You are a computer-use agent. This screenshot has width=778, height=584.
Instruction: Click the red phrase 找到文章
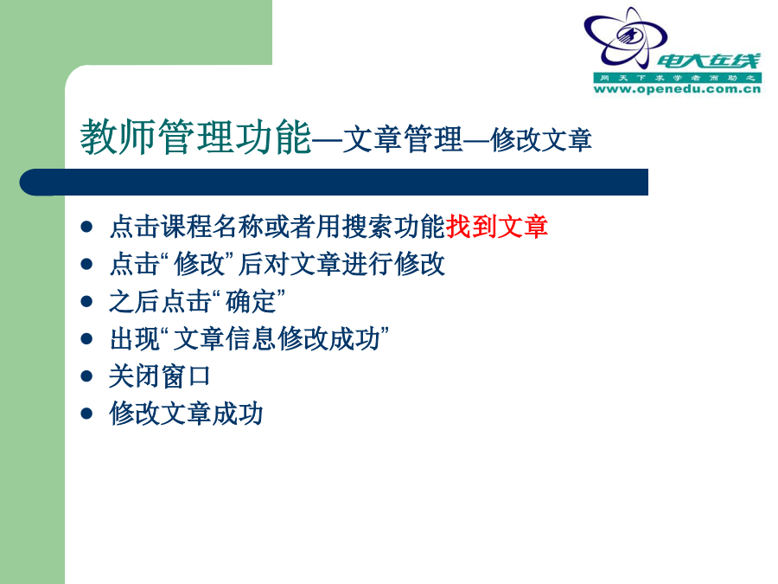pos(497,227)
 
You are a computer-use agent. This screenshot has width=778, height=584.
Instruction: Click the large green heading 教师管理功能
pos(196,137)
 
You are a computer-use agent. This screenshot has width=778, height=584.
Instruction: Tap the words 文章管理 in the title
pos(403,139)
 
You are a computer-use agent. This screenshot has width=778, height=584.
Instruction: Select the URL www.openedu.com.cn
pos(677,89)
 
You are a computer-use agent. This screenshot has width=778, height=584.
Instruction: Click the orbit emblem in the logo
pos(625,38)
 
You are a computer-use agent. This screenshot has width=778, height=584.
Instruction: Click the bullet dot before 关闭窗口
pos(86,376)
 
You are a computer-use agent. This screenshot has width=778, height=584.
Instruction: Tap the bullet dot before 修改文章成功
pos(86,414)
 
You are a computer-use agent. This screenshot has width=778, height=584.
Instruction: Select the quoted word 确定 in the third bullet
pos(251,301)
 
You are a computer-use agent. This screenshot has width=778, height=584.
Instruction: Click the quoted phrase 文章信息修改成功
pos(277,338)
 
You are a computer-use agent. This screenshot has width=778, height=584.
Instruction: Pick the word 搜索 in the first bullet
pos(367,227)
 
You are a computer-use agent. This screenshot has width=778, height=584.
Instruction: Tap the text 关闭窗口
pos(160,376)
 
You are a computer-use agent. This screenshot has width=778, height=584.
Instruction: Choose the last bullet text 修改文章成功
pos(186,414)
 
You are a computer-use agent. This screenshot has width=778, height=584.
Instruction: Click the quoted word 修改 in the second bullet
pos(200,264)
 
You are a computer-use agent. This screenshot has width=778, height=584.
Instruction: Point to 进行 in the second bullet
pos(367,264)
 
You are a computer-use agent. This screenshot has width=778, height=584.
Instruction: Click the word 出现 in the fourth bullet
pos(135,338)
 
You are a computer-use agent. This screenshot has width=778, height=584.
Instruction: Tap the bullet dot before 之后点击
pos(86,301)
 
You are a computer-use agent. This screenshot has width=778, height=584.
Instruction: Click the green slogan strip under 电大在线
pos(677,78)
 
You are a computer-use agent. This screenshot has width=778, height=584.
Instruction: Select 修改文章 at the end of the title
pos(541,139)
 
